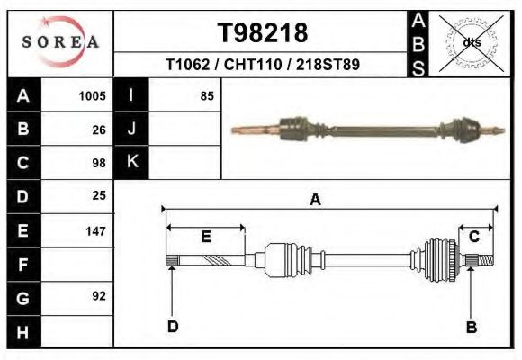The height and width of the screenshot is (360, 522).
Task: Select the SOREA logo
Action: [60, 43]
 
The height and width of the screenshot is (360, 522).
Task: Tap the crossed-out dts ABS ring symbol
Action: [471, 41]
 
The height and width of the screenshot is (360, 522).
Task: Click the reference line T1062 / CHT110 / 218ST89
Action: [263, 66]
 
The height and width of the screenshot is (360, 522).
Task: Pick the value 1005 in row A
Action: [93, 95]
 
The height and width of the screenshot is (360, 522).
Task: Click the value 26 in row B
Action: [99, 130]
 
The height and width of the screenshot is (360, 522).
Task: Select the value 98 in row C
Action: [99, 163]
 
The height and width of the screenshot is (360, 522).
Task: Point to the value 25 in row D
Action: [99, 195]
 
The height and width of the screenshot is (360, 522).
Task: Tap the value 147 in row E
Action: [95, 231]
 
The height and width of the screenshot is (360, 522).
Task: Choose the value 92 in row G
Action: [99, 296]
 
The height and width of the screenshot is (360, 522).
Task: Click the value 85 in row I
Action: [207, 95]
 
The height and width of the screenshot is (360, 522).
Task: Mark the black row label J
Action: [131, 129]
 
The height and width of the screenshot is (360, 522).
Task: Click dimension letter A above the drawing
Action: [315, 200]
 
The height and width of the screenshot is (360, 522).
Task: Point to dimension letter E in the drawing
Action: [205, 237]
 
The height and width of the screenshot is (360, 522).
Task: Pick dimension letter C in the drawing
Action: [473, 236]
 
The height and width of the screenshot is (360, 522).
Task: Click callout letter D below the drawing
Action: [172, 327]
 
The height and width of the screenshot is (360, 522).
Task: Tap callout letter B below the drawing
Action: [471, 327]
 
